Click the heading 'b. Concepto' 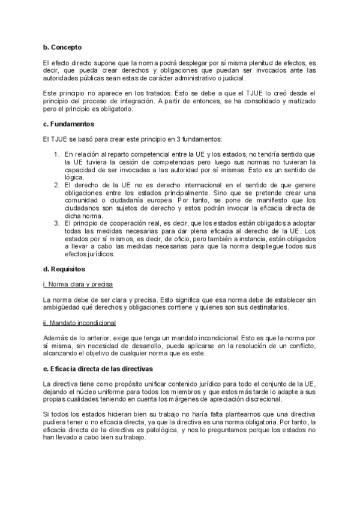(62, 47)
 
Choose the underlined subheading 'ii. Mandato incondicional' (79, 323)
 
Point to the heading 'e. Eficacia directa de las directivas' (98, 367)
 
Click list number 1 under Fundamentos (56, 154)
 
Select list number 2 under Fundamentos (56, 185)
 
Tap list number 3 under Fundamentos (56, 223)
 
